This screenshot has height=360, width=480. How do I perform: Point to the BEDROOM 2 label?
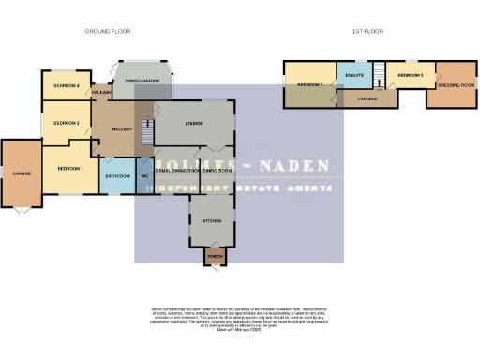click(66, 123)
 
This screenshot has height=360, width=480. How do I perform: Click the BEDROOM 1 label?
click(70, 168)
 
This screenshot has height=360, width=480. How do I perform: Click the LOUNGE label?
click(195, 123)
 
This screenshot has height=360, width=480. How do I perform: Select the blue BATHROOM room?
click(117, 175)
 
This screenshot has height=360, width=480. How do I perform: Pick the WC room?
click(145, 175)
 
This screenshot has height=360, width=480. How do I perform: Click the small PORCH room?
click(215, 255)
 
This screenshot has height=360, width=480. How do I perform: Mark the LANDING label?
click(367, 97)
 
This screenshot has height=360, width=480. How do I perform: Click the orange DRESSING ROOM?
click(457, 85)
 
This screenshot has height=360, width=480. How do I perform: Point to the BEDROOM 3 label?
click(310, 85)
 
